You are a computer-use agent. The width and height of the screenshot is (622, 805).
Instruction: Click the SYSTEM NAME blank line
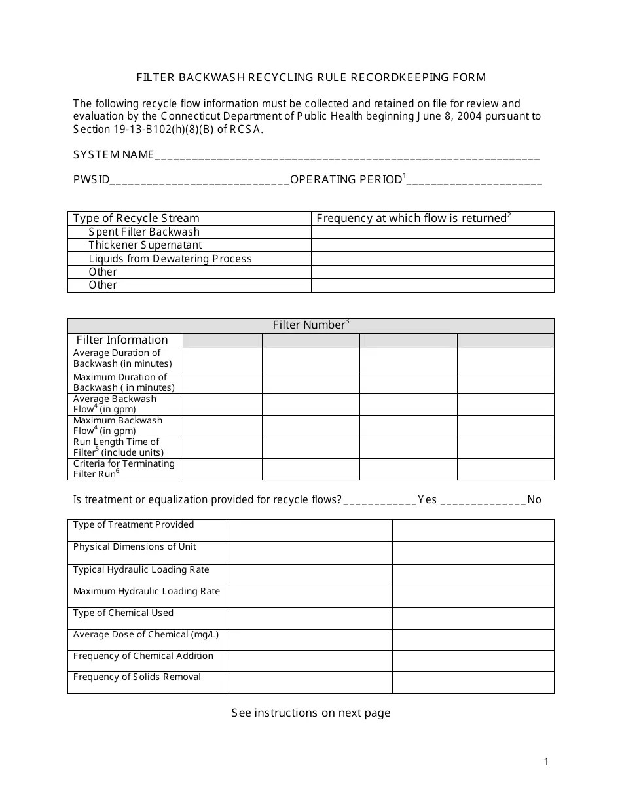pyautogui.click(x=347, y=157)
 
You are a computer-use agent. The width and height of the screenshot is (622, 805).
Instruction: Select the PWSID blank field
pyautogui.click(x=200, y=182)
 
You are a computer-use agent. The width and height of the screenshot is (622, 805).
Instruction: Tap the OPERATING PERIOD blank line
pyautogui.click(x=475, y=182)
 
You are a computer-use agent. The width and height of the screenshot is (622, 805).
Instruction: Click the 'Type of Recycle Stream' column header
pyautogui.click(x=136, y=219)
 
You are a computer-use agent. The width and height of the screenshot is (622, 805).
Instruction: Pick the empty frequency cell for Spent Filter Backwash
pyautogui.click(x=432, y=232)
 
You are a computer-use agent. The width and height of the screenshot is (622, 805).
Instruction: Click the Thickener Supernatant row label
pyautogui.click(x=145, y=245)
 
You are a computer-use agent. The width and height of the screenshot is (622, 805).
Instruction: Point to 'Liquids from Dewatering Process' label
pyautogui.click(x=170, y=259)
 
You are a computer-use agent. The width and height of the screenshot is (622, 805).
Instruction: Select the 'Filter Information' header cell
pyautogui.click(x=122, y=340)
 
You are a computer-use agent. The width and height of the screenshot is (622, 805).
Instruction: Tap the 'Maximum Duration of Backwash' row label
pyautogui.click(x=124, y=382)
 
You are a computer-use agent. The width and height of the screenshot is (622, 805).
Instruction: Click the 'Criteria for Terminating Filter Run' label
pyautogui.click(x=124, y=469)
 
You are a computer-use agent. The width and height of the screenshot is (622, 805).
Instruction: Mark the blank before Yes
pyautogui.click(x=380, y=501)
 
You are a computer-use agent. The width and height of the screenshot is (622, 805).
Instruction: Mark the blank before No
pyautogui.click(x=483, y=501)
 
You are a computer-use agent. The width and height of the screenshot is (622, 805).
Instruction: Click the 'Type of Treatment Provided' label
pyautogui.click(x=134, y=525)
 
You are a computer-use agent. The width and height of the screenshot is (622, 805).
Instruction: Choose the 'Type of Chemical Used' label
pyautogui.click(x=123, y=613)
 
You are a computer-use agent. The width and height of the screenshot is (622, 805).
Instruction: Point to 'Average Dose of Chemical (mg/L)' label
pyautogui.click(x=146, y=635)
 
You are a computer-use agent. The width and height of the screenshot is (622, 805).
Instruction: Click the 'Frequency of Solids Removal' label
pyautogui.click(x=137, y=677)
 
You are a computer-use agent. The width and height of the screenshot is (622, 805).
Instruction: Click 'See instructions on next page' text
pyautogui.click(x=311, y=713)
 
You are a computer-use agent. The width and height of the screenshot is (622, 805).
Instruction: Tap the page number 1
pyautogui.click(x=547, y=761)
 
